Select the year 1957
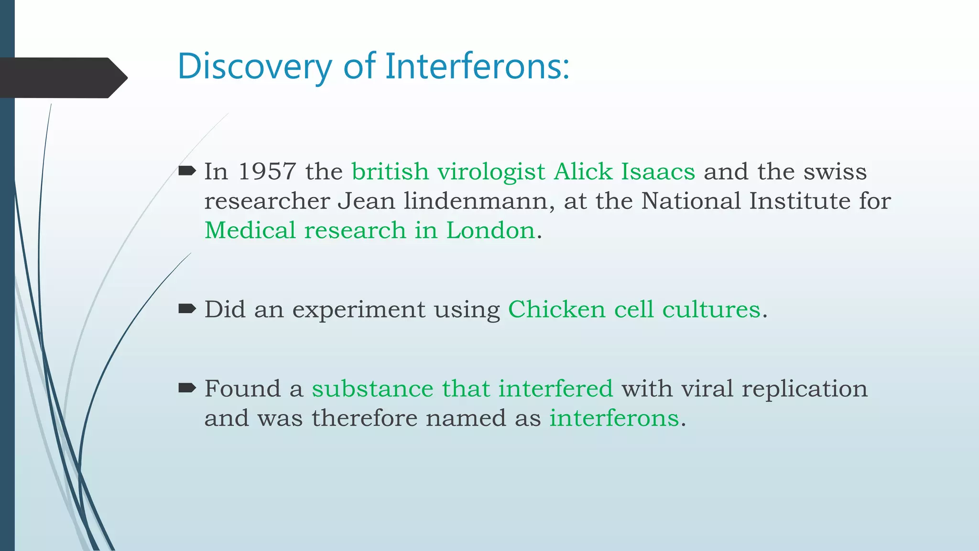267,172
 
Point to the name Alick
583,172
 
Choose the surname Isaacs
658,172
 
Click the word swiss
835,172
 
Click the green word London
490,231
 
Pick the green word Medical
250,231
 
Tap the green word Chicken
556,309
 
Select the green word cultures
711,309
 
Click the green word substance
372,388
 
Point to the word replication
804,389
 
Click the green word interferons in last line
614,418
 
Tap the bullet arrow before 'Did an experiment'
187,309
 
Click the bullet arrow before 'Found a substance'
187,388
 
